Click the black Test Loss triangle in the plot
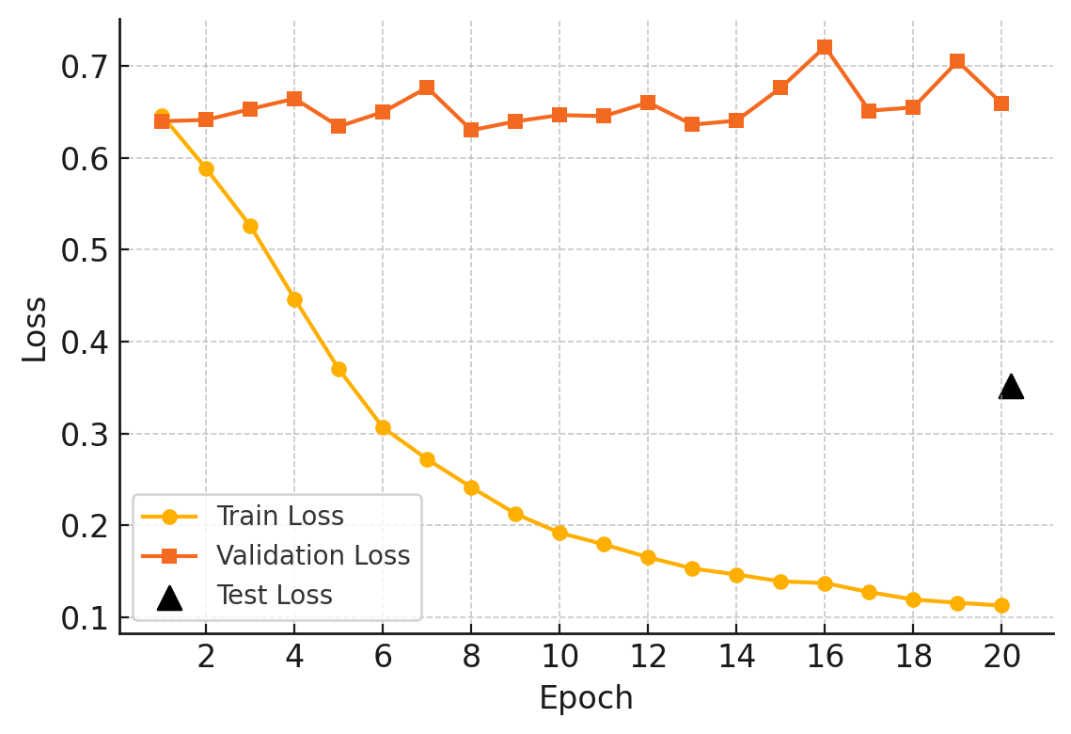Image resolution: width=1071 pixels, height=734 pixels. pyautogui.click(x=1011, y=387)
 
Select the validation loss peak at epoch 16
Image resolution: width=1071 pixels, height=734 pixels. pyautogui.click(x=825, y=47)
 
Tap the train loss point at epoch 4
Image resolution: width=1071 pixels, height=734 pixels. pyautogui.click(x=294, y=300)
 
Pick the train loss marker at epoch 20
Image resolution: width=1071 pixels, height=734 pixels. pyautogui.click(x=1001, y=605)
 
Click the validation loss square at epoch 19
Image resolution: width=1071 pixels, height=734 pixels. pyautogui.click(x=957, y=61)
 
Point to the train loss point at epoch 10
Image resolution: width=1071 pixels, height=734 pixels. pyautogui.click(x=559, y=533)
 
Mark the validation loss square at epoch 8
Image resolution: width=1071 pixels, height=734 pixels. pyautogui.click(x=471, y=130)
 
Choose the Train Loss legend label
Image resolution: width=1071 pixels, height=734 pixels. pyautogui.click(x=280, y=517)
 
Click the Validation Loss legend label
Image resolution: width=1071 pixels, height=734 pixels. pyautogui.click(x=313, y=556)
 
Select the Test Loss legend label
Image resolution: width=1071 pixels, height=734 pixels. pyautogui.click(x=275, y=596)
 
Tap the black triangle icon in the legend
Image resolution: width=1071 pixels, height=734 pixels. pyautogui.click(x=169, y=598)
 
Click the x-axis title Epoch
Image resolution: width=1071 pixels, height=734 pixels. pyautogui.click(x=586, y=698)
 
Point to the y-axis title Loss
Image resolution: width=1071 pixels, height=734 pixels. pyautogui.click(x=35, y=328)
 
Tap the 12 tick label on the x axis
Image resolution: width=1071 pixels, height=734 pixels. pyautogui.click(x=648, y=657)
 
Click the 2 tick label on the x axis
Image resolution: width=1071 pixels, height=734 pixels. pyautogui.click(x=206, y=657)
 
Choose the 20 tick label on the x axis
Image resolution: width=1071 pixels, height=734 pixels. pyautogui.click(x=1001, y=657)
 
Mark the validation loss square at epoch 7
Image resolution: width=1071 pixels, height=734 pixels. pyautogui.click(x=427, y=88)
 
